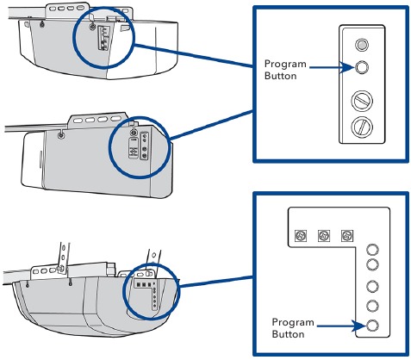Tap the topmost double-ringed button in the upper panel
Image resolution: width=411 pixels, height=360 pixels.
tap(364, 44)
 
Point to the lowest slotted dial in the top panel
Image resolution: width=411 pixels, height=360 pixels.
tap(364, 130)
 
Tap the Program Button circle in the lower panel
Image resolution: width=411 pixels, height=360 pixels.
tap(373, 326)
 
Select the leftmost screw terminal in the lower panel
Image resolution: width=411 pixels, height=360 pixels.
tap(302, 234)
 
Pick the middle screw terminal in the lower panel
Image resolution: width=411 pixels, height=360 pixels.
tap(325, 234)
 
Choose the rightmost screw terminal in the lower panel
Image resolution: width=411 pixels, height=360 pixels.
tap(348, 234)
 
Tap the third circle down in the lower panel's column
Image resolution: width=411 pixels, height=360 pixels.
tap(373, 287)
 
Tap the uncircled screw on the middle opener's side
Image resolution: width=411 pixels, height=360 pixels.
tap(60, 136)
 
